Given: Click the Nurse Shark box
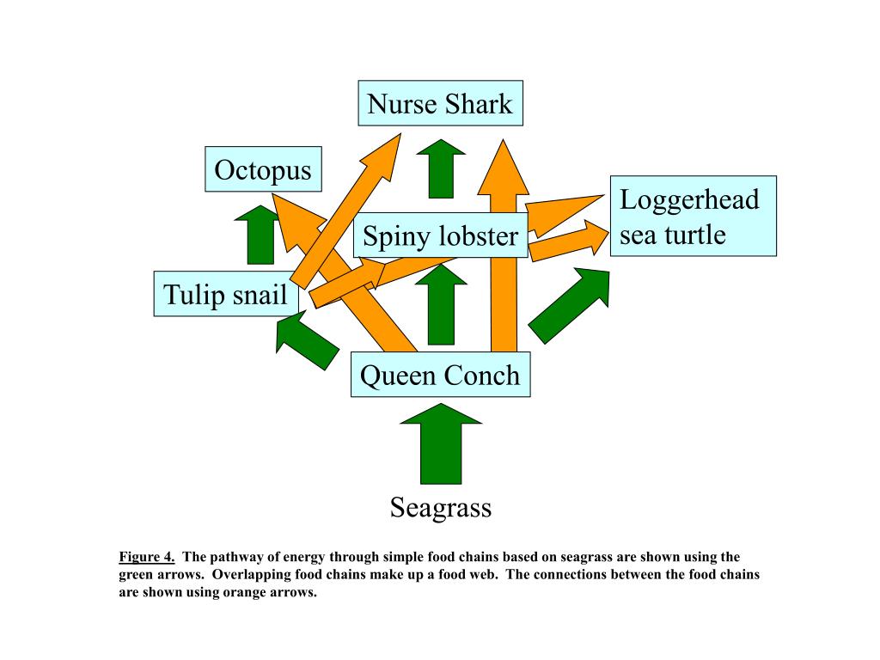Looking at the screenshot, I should (440, 104).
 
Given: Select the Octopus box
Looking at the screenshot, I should (263, 169).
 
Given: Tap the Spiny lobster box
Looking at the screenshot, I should (440, 235).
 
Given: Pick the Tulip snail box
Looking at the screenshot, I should (226, 294).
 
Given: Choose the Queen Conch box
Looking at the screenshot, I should (440, 375).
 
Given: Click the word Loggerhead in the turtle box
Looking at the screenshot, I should (689, 199).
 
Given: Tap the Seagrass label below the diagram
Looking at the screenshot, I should (440, 507).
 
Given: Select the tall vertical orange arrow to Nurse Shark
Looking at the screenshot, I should (504, 258).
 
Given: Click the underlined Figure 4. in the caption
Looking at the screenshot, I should (147, 555).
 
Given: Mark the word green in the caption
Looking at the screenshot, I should (136, 574).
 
